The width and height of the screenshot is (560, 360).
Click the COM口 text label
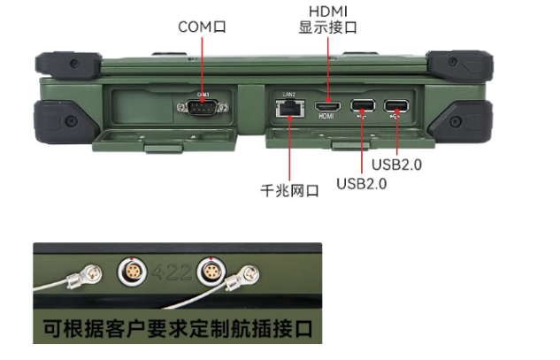203,27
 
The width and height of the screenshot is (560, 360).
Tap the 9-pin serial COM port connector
203,107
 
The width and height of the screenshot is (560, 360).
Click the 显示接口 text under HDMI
328,27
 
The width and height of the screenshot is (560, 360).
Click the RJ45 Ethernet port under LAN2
289,109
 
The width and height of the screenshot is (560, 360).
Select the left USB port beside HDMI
362,109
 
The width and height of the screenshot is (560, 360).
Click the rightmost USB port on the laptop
395,109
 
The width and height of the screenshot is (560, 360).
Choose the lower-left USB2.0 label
361,183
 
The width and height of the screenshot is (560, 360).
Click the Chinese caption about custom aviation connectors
177,329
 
